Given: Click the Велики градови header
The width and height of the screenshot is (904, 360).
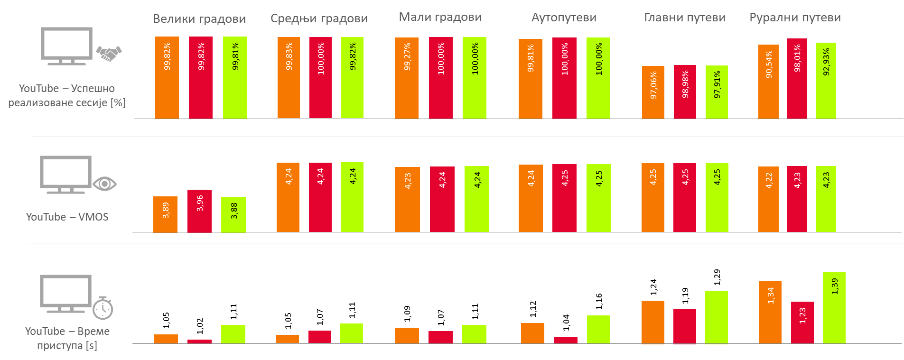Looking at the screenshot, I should (200, 18).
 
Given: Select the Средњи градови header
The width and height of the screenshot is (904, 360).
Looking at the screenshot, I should (319, 18).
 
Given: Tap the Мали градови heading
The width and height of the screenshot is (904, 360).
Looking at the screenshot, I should (440, 17).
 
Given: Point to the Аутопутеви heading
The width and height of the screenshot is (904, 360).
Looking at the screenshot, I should (564, 18).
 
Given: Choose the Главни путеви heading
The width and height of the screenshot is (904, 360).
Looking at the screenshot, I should (684, 18).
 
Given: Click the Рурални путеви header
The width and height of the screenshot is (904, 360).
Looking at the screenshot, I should (795, 18).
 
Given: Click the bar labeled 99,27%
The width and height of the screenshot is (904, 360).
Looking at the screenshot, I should (407, 78).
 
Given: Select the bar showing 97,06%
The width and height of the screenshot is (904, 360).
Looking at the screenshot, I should (653, 92).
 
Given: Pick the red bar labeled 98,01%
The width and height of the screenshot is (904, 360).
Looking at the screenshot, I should (797, 78).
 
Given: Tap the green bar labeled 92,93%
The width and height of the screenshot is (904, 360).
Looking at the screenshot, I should (826, 81).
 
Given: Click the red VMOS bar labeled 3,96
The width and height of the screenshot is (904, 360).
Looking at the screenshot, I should (199, 211).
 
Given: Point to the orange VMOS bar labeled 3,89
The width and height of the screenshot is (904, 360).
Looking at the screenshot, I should (165, 214).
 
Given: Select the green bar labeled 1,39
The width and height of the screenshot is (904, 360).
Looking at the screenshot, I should (834, 307).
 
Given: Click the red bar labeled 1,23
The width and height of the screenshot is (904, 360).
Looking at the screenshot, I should (802, 322).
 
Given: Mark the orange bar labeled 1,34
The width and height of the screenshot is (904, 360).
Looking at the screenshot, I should (770, 312).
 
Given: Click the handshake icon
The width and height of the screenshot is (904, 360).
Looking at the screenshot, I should (109, 53).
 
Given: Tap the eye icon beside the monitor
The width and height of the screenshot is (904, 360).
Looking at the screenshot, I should (104, 184).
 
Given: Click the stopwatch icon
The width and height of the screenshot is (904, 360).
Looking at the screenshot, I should (103, 308).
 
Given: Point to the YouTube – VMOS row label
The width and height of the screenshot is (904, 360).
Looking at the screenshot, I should (67, 217).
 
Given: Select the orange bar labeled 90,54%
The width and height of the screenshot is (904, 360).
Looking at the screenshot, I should (768, 82).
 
